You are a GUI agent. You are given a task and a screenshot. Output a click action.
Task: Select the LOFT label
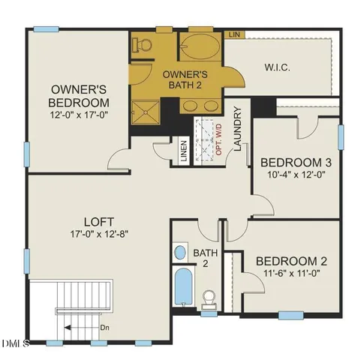tap(99, 222)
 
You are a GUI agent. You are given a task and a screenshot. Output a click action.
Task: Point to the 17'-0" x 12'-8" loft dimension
tap(99, 234)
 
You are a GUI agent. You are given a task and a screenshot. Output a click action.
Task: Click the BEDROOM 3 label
tap(295, 162)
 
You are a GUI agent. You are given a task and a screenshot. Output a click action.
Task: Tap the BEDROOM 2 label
tap(291, 261)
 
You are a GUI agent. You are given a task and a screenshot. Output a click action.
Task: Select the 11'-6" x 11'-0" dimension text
tap(291, 274)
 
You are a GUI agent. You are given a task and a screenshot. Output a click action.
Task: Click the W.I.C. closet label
tap(278, 67)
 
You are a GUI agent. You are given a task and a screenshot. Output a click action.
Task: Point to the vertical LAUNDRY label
tap(237, 130)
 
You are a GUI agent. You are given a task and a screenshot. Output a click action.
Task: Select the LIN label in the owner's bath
tap(235, 35)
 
